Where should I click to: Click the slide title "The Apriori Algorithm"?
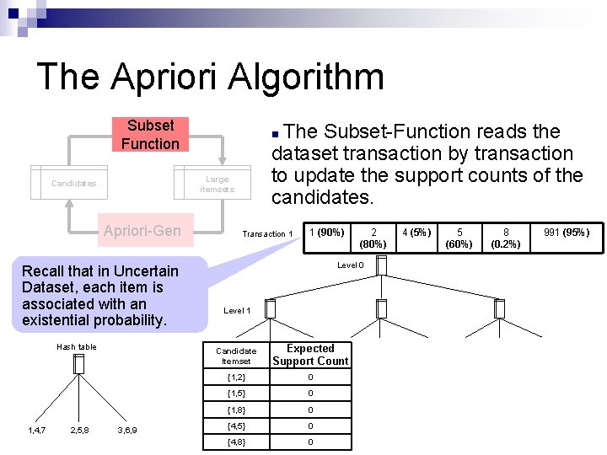tap(210, 77)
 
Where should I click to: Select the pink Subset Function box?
tap(150, 135)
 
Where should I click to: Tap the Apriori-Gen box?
tap(142, 230)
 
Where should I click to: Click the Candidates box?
tap(74, 184)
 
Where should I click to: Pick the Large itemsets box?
tap(218, 184)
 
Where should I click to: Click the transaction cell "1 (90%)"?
tap(326, 233)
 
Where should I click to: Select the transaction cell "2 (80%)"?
tap(373, 238)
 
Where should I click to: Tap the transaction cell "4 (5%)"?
tap(416, 233)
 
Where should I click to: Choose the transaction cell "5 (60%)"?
tap(459, 238)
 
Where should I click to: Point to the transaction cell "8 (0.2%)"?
tap(506, 238)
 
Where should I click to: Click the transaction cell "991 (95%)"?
tap(567, 233)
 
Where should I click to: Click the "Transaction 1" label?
tap(267, 234)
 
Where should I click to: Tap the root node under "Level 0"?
tap(381, 266)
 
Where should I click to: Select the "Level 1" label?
tap(237, 311)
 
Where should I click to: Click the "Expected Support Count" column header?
tap(310, 355)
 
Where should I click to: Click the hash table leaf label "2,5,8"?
tap(80, 431)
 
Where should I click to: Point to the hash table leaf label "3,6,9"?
tap(127, 431)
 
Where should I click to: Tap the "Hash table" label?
tap(77, 347)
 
